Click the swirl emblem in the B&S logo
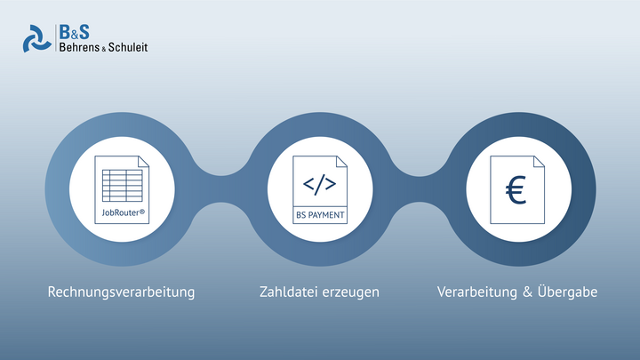[36, 39]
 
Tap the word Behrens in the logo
[79, 47]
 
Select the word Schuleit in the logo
[128, 47]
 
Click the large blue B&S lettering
[74, 32]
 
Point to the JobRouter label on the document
[123, 212]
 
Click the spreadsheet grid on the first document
[122, 186]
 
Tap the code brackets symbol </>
[320, 184]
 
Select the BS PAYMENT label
[320, 215]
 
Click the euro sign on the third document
[516, 189]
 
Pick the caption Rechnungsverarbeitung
[121, 292]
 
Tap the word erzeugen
[350, 293]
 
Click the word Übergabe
[567, 292]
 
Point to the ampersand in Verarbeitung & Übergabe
[527, 292]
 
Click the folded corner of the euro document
[540, 161]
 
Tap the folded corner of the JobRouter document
[144, 161]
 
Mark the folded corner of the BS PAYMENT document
[341, 161]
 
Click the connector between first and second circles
[220, 189]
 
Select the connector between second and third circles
[420, 189]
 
